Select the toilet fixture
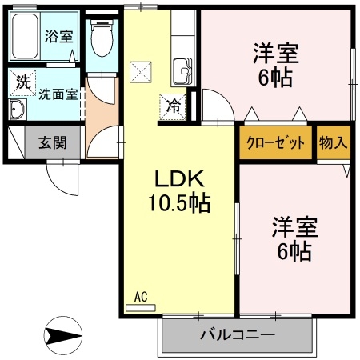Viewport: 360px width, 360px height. (x=102, y=35)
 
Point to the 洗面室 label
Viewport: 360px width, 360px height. (x=58, y=93)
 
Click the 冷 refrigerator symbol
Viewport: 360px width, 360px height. (x=174, y=104)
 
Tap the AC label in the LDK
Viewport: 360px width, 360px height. (x=141, y=297)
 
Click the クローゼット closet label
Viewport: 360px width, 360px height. (x=276, y=143)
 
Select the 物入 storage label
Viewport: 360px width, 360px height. (x=334, y=143)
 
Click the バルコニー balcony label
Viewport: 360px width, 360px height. (x=237, y=334)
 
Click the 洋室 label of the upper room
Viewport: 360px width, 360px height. (x=276, y=54)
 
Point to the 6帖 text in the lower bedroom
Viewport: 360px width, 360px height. (x=295, y=253)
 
